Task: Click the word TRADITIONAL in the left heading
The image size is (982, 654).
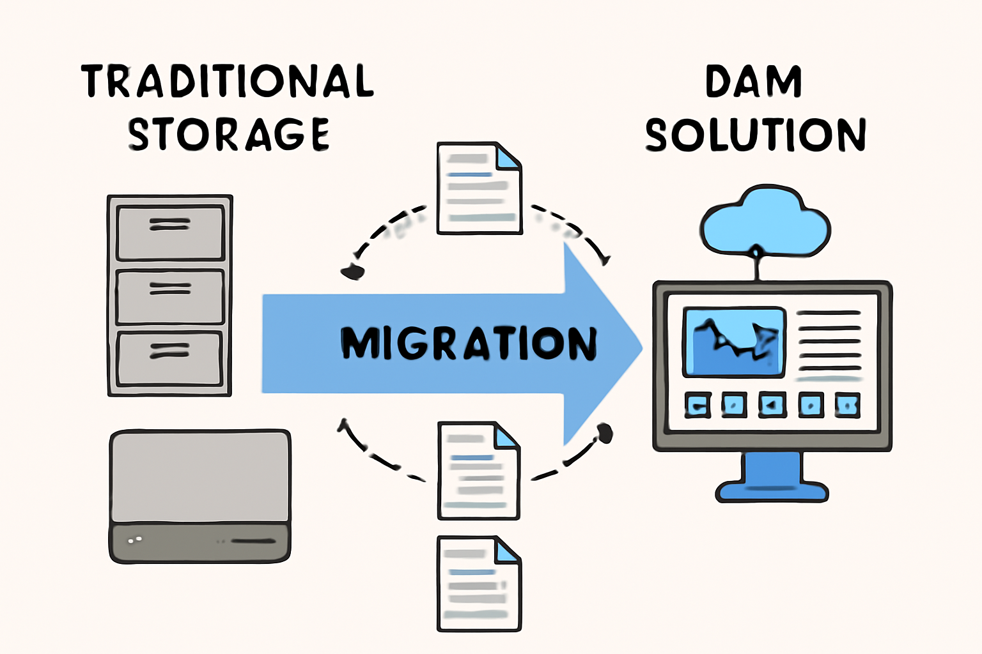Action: coord(227,81)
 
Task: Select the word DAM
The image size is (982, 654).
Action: coord(753,82)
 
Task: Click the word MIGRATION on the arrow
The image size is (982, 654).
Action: coord(469,343)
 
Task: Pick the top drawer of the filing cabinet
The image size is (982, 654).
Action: coord(170,232)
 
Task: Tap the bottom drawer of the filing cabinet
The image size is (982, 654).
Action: coord(169,358)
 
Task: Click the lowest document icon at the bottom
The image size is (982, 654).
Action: coord(479,584)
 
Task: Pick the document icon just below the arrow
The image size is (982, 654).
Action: coord(478,471)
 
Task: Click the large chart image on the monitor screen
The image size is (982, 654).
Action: coord(734,342)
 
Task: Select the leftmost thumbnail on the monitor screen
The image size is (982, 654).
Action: coord(698,405)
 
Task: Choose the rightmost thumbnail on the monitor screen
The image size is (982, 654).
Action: coord(847,405)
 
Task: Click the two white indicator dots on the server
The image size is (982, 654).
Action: coord(135,540)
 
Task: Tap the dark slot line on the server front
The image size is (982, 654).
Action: coord(253,541)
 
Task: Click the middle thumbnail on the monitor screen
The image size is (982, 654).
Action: coord(772,405)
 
